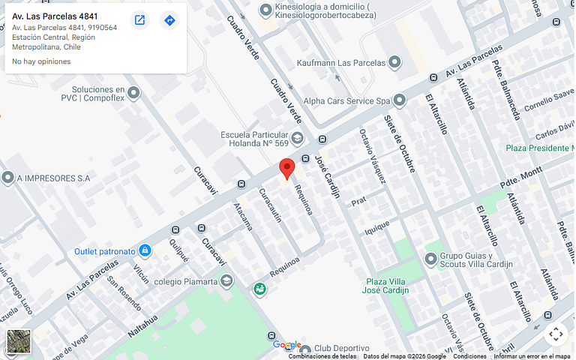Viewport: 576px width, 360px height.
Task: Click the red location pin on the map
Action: coord(286,168)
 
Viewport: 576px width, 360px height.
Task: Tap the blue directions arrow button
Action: coord(169,20)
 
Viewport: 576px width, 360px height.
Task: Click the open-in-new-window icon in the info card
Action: coord(139,20)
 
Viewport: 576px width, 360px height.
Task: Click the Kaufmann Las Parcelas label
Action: coord(340,63)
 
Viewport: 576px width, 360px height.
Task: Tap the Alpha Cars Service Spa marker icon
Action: coord(400,100)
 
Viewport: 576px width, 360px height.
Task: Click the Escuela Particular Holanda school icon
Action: coord(298,138)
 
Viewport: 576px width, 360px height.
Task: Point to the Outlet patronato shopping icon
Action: coord(145,250)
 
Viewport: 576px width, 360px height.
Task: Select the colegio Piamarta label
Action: coord(185,281)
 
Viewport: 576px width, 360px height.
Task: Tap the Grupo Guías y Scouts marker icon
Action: coord(430,259)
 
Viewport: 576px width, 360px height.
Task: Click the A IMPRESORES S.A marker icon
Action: coord(7,178)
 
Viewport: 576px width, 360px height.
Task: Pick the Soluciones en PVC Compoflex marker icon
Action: coord(134,93)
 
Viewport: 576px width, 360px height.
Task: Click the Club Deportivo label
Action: coord(341,349)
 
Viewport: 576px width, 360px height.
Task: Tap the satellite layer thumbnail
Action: coord(19,341)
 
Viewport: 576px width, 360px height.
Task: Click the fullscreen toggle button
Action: coord(555,334)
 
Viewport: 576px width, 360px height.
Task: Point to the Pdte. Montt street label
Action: coord(520,178)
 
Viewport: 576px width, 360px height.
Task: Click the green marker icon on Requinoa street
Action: coord(259,289)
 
